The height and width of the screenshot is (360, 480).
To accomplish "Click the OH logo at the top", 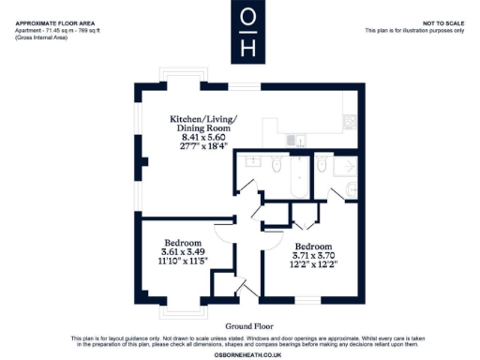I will point(247,31).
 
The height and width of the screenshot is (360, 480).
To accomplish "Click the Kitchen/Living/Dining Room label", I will point(203,126).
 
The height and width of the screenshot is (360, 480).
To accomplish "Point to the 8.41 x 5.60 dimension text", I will point(203,138).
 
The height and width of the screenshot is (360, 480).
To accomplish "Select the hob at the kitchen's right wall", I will point(352,120).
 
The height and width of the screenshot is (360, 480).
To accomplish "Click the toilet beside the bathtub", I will point(276,166).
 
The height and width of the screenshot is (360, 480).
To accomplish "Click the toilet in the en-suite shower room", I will point(322,166).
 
